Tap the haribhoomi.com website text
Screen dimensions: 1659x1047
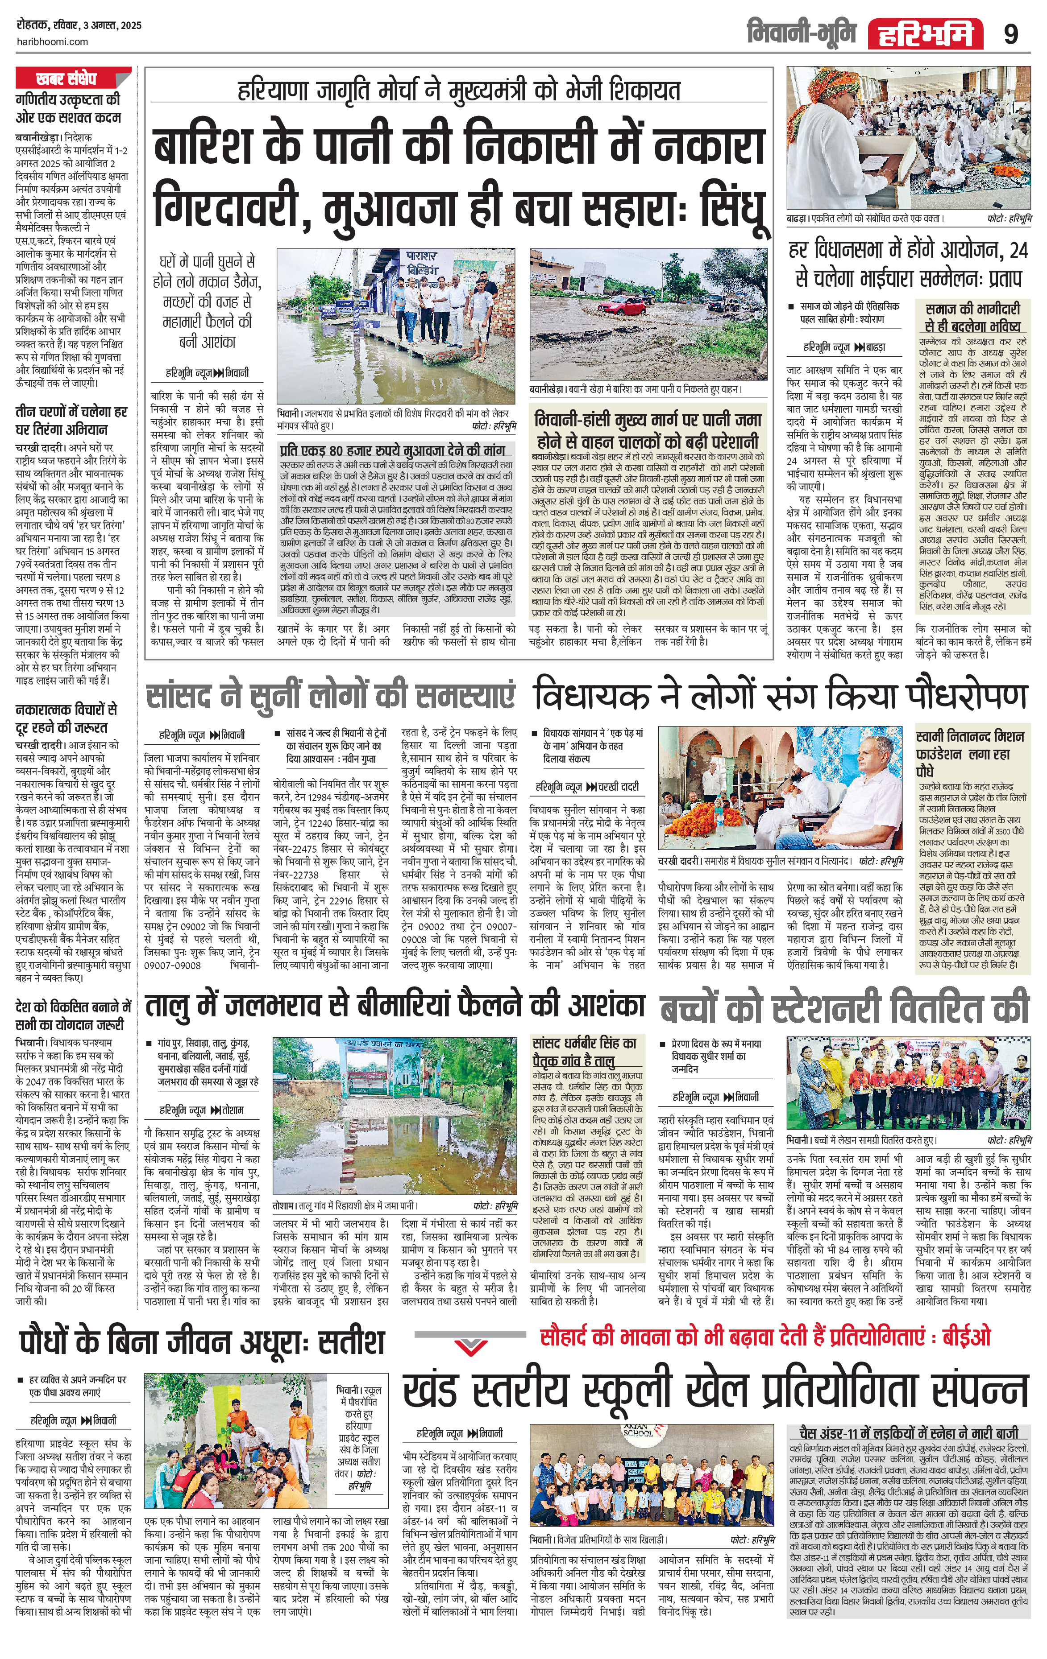(52, 41)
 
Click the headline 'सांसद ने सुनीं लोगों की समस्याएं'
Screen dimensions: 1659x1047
(331, 696)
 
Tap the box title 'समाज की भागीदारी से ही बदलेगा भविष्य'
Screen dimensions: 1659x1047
(972, 318)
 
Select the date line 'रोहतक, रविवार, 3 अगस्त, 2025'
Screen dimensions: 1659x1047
(79, 25)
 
